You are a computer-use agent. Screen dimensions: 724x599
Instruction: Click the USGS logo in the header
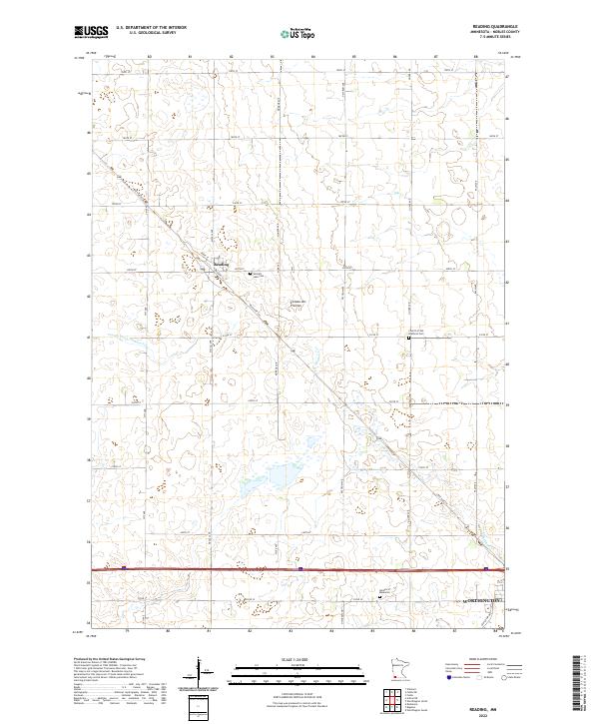[x=92, y=32]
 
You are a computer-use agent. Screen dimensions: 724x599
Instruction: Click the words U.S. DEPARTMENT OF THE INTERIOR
[x=158, y=28]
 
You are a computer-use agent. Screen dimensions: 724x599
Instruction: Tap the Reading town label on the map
[x=222, y=264]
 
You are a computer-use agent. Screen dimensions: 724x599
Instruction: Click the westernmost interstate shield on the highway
[x=123, y=568]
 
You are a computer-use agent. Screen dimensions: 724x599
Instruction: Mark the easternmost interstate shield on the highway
[x=485, y=569]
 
